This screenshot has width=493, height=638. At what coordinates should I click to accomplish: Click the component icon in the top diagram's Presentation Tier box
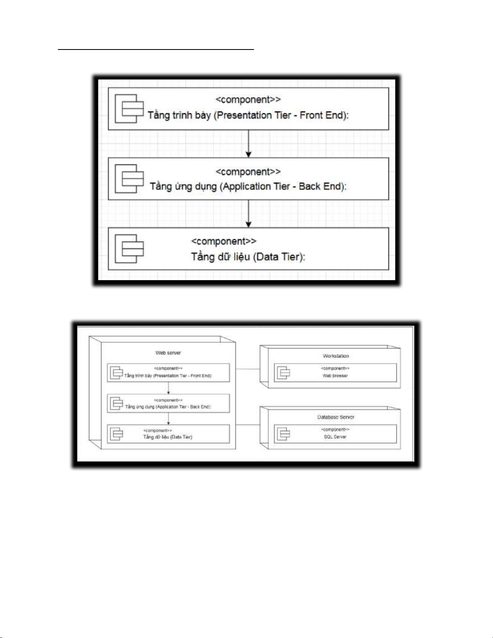tap(129, 109)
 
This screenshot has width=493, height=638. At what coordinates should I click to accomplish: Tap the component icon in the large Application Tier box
tap(129, 178)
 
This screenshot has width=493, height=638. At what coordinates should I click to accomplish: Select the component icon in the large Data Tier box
tap(129, 248)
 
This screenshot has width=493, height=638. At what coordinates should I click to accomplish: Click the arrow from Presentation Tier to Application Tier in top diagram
tap(248, 144)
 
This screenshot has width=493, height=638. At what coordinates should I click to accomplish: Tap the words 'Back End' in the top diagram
tap(320, 186)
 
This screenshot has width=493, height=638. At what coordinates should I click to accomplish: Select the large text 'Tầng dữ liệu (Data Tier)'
tap(248, 256)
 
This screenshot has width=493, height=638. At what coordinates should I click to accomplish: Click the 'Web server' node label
tap(168, 353)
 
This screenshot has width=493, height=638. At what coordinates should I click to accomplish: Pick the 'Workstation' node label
tap(336, 356)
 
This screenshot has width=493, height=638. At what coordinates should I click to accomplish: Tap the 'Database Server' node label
tap(336, 417)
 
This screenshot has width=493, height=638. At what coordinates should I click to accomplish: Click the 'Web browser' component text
tap(335, 376)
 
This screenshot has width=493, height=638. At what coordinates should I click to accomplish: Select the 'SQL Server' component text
tap(335, 437)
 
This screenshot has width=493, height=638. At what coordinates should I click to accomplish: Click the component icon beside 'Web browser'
tap(283, 373)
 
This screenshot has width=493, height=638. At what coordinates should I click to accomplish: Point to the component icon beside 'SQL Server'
tap(283, 434)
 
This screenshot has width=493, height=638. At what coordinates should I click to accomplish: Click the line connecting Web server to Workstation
tap(248, 369)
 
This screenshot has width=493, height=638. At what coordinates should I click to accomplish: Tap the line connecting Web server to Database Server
tap(248, 425)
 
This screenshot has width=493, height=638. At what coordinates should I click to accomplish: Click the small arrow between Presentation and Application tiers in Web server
tap(168, 388)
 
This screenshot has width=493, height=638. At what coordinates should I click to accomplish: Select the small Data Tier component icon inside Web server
tap(116, 434)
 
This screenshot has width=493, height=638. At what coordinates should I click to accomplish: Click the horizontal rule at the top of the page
tap(156, 50)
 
